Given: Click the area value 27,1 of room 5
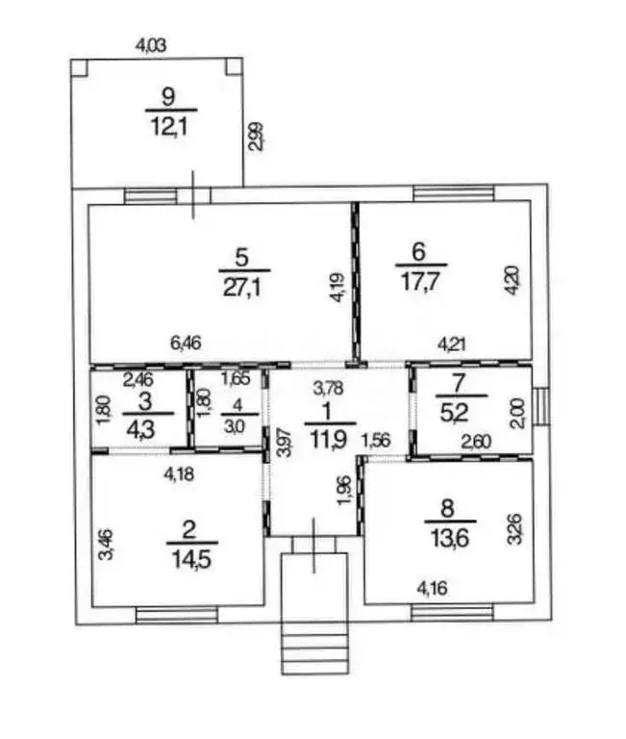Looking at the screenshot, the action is pos(242,288).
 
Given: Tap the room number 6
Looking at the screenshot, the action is pos(418,252).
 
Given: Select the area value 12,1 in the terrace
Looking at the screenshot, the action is pos(169,127).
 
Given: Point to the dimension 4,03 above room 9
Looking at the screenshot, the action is pos(151,46).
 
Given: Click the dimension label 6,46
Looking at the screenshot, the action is pos(186,343).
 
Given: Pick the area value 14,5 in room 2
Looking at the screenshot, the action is pos(191,559).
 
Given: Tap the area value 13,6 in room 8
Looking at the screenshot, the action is pos(450,538).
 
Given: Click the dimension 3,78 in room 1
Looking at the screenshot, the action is pos(329,389).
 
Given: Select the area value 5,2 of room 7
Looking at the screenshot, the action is pos(454,414).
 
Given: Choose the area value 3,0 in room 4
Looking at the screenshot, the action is pos(235,427).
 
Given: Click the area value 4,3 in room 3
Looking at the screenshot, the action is pos(140,430).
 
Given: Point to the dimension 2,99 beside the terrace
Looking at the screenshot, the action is pos(256,137).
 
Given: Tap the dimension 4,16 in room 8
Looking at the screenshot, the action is pos(433,588).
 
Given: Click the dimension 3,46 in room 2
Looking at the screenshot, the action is pos(106,545).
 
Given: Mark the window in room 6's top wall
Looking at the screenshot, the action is pos(454,192).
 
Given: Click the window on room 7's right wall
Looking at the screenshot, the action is pos(541,407).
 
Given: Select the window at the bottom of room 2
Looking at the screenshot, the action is pos(177,616).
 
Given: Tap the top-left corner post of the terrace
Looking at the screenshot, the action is pos(79,67).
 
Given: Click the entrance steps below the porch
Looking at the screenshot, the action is pos(314,648).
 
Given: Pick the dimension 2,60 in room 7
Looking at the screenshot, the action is pos(476,442).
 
